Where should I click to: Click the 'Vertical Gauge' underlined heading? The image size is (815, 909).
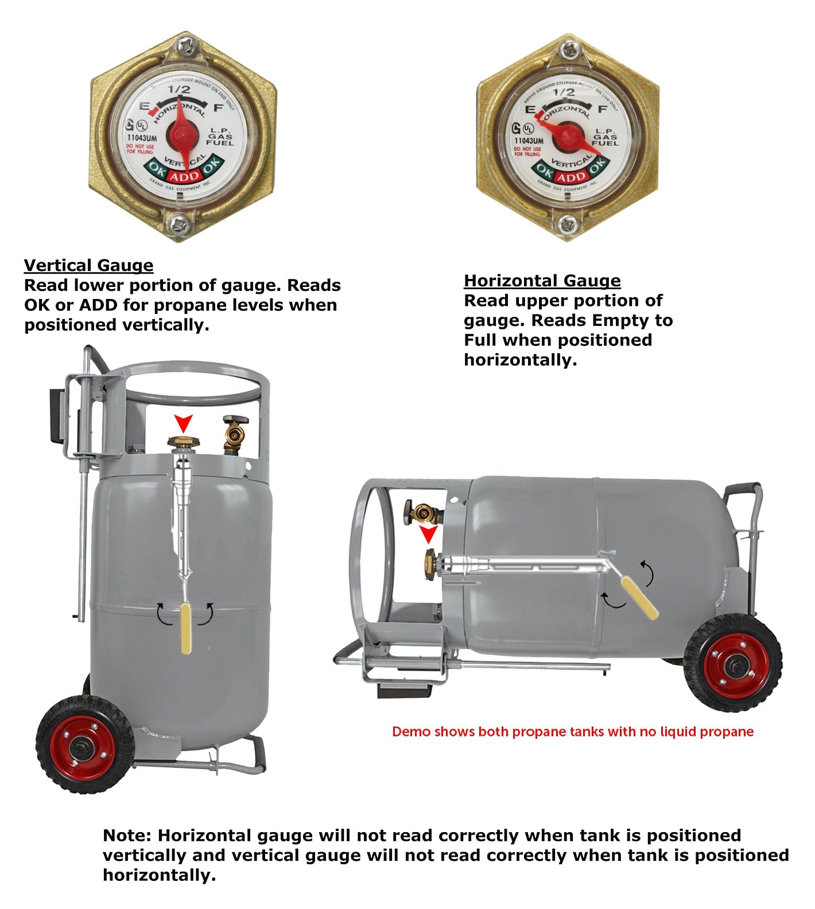[88, 265]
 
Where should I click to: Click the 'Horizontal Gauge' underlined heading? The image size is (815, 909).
[542, 281]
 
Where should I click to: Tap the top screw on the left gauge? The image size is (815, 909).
[185, 45]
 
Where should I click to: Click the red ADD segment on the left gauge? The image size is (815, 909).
[184, 176]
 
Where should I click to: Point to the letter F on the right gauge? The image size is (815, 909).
[603, 109]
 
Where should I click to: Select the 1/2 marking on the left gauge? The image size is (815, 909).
[178, 90]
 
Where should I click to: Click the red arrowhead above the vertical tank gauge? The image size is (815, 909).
[184, 424]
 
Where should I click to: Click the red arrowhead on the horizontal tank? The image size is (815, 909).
[428, 535]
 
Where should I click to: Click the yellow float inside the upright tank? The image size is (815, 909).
[186, 628]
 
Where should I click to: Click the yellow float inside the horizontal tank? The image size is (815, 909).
[640, 598]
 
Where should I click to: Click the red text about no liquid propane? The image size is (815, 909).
[572, 732]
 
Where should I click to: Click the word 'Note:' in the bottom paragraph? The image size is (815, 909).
[127, 835]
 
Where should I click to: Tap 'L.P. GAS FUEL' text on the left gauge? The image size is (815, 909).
[221, 137]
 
